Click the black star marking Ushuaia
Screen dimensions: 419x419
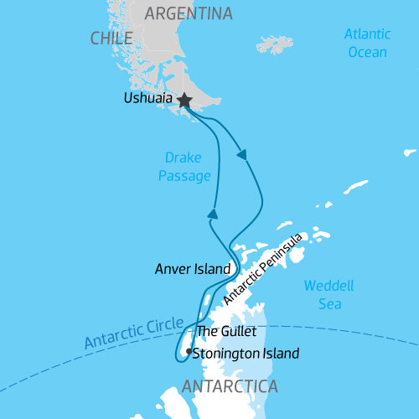[184, 101]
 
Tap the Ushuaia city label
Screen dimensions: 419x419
[147, 99]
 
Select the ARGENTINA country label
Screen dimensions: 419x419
[189, 13]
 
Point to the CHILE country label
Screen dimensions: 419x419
[111, 39]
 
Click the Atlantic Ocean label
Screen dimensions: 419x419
[368, 44]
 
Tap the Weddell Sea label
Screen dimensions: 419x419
[328, 294]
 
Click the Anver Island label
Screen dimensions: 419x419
[192, 270]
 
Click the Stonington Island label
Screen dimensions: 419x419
[246, 354]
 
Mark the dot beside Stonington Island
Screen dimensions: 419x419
[189, 351]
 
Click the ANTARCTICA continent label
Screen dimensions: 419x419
[229, 386]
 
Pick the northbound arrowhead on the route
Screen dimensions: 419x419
[213, 215]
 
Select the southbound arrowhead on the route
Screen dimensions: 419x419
[242, 154]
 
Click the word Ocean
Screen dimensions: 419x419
[368, 52]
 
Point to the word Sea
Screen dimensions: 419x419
[328, 303]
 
